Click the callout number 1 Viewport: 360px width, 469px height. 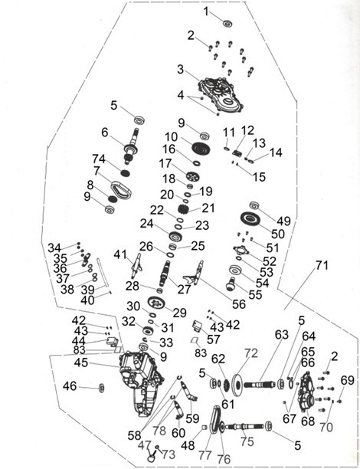coord(206,11)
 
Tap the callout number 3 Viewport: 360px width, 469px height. coord(180,69)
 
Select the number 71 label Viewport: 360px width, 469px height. coord(322,265)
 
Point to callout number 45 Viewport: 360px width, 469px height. coord(80,362)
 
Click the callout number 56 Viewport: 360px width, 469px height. coord(239,304)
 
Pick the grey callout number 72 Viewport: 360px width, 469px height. coord(250,353)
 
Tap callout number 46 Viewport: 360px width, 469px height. coord(70,386)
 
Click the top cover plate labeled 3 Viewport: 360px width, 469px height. coord(221,94)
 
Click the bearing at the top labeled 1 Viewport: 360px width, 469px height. coord(227,23)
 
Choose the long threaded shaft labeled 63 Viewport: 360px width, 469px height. coord(260,384)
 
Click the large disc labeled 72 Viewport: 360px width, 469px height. coord(237,385)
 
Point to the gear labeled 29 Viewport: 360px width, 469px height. coord(156,302)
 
